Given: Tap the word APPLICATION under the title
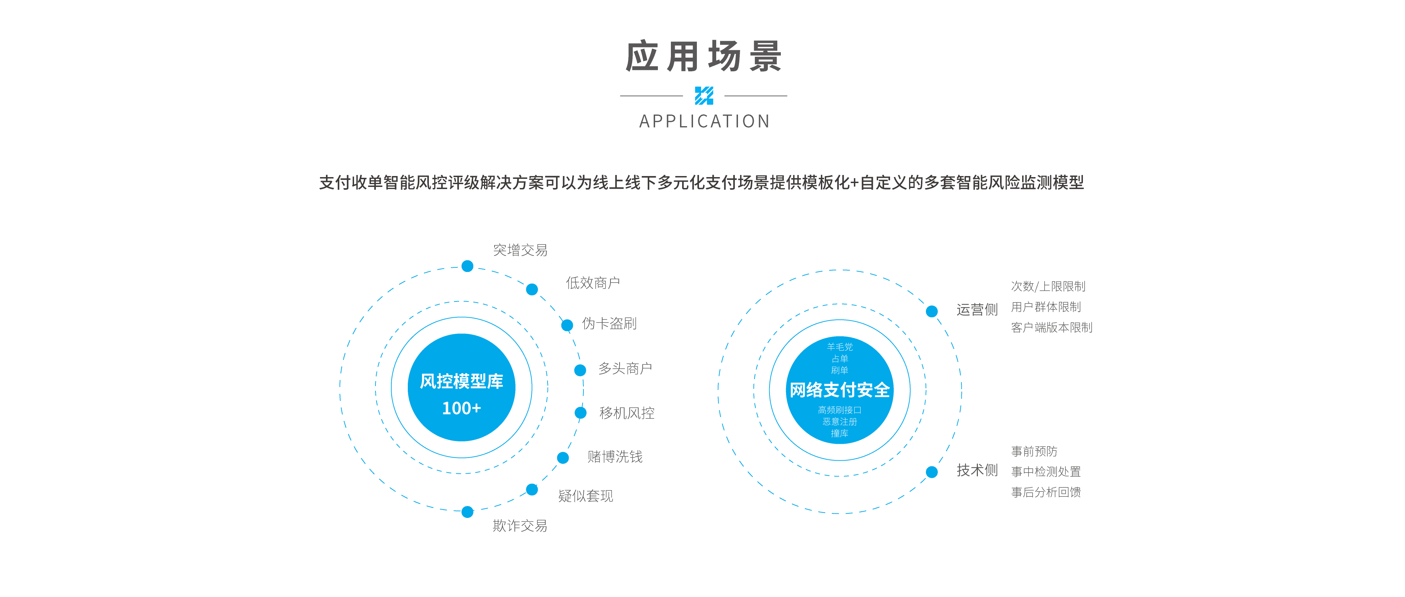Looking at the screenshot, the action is pyautogui.click(x=704, y=121).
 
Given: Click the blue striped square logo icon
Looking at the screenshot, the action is pyautogui.click(x=704, y=96).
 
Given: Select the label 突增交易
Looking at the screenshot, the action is pyautogui.click(x=520, y=250).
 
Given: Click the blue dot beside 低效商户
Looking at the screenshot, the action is pyautogui.click(x=532, y=289).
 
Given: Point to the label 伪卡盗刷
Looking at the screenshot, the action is pyautogui.click(x=609, y=324).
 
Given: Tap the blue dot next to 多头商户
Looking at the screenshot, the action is pyautogui.click(x=580, y=370).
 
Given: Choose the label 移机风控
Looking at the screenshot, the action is pyautogui.click(x=627, y=413).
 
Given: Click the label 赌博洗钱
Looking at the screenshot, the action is pyautogui.click(x=615, y=457).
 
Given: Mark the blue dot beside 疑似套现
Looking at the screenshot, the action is pyautogui.click(x=532, y=489).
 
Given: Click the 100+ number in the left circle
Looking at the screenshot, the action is pyautogui.click(x=462, y=408).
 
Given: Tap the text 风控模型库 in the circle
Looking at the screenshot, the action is pyautogui.click(x=462, y=381).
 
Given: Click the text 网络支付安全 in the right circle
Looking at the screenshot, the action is pyautogui.click(x=839, y=390).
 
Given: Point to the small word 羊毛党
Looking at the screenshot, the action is pyautogui.click(x=839, y=346).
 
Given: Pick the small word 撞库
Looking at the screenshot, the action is pyautogui.click(x=839, y=433).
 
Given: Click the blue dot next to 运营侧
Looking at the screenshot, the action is pyautogui.click(x=932, y=311).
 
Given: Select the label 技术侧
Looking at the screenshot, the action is pyautogui.click(x=977, y=471).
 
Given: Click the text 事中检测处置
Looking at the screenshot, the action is pyautogui.click(x=1046, y=472).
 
